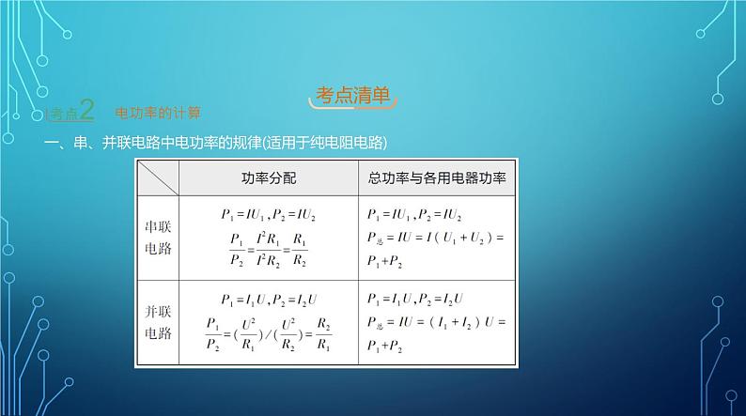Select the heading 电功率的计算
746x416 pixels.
158,113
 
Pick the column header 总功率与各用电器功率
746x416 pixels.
437,177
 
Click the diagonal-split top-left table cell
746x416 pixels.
158,177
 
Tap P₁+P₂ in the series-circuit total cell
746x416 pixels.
386,260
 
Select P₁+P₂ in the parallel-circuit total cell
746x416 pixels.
386,347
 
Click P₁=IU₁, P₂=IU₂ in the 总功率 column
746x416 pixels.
414,214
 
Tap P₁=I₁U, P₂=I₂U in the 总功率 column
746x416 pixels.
414,300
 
